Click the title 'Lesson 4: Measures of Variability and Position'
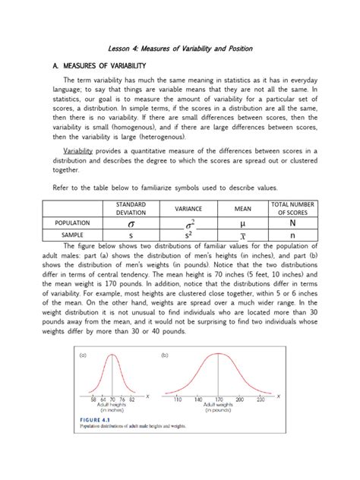tap(179, 49)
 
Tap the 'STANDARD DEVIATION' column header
tap(131, 208)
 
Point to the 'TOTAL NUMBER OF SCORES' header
tap(292, 208)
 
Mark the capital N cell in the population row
tap(292, 224)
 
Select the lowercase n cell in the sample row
tap(292, 236)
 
